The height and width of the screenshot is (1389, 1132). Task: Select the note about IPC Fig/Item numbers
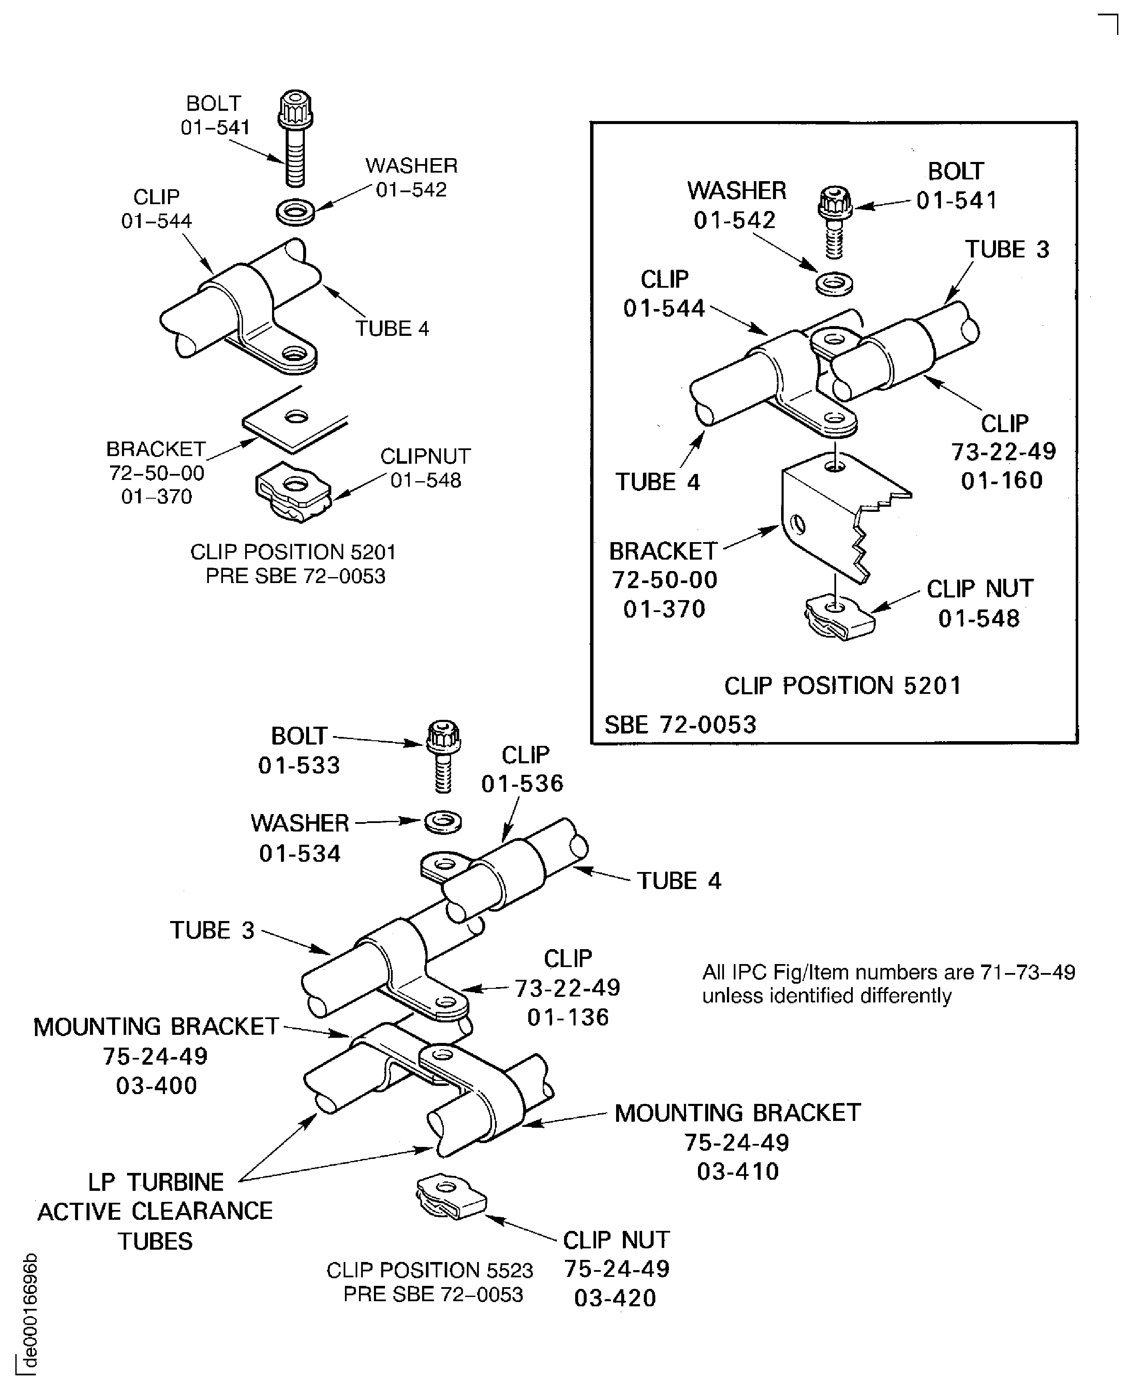tap(888, 984)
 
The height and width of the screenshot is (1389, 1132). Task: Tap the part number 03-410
tap(738, 1171)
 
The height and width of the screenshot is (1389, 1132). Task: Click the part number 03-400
tap(156, 1085)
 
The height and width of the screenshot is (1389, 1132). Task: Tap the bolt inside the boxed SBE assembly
tap(835, 222)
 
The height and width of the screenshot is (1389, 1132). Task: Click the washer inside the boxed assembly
tap(835, 283)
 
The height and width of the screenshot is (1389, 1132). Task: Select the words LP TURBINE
tap(156, 1182)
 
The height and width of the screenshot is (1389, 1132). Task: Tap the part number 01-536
tap(522, 783)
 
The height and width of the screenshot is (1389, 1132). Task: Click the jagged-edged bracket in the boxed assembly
tap(841, 515)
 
